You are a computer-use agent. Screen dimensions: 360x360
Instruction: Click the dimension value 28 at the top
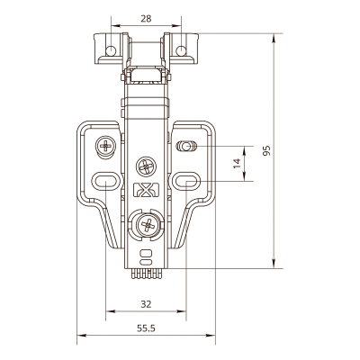[x=146, y=19]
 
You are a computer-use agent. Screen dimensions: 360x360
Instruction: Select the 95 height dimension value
[x=266, y=150]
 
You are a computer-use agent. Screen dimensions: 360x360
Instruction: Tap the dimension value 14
[x=237, y=163]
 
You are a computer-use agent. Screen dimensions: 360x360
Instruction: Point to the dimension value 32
[x=146, y=304]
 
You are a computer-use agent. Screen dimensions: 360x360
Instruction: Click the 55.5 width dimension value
[x=146, y=328]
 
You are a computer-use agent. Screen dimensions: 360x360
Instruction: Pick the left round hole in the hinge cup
[x=111, y=51]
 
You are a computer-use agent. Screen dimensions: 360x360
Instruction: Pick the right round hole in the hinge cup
[x=181, y=51]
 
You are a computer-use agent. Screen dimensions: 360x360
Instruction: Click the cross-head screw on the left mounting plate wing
[x=105, y=147]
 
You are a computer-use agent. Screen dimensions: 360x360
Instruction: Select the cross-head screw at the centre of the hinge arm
[x=146, y=166]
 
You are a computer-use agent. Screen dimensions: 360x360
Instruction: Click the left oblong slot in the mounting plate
[x=105, y=181]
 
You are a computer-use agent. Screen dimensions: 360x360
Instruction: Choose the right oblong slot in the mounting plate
[x=186, y=181]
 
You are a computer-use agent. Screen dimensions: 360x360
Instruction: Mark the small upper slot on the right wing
[x=186, y=147]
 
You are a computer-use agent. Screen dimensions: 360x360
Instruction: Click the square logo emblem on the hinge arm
[x=146, y=190]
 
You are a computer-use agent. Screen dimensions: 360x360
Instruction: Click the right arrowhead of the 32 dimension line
[x=182, y=311]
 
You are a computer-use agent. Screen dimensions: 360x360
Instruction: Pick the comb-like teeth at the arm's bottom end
[x=146, y=274]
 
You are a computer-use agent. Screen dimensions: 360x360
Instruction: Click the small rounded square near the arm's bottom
[x=146, y=254]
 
